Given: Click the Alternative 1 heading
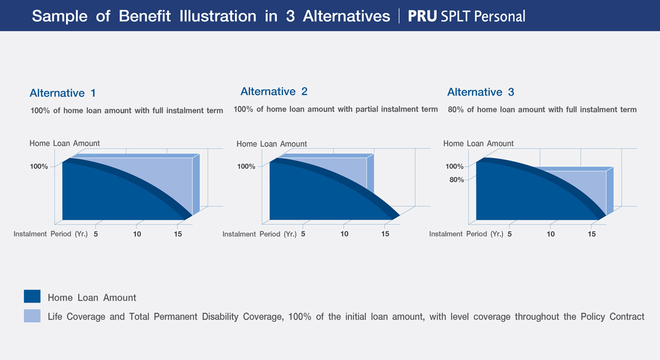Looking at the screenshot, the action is (x=63, y=93).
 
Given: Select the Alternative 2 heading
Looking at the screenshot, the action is (x=274, y=92).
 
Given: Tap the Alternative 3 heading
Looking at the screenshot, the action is (x=480, y=92).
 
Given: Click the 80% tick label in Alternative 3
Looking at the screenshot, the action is (x=457, y=179).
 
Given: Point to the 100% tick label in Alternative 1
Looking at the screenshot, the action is (x=39, y=167).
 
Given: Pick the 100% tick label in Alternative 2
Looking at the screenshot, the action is (x=246, y=167).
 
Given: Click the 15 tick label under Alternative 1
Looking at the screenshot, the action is (x=178, y=234).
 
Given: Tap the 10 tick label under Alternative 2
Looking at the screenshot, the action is (x=345, y=234).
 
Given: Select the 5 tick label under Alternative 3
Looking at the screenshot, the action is (x=510, y=234).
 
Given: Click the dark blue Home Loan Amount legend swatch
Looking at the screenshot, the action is (x=32, y=296).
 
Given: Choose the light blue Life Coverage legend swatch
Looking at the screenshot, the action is (x=32, y=316).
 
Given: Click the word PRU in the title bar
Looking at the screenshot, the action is (x=423, y=16).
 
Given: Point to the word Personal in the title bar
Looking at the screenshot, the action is (x=499, y=16).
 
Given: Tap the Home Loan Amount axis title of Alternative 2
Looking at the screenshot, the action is (x=271, y=144).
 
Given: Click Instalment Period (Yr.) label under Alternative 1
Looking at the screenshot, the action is (x=50, y=234).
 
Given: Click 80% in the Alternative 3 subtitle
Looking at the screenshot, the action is (x=456, y=110).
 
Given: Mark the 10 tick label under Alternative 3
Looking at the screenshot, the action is (x=550, y=234).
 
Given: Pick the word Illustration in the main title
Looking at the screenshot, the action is (x=218, y=16).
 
